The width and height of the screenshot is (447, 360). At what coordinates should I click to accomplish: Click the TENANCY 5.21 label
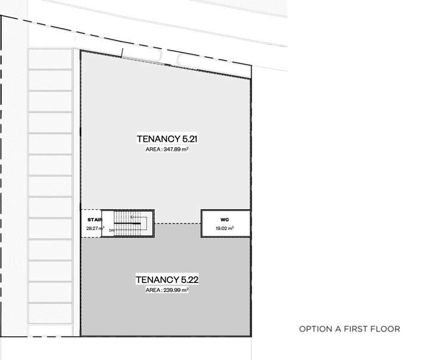[167, 139]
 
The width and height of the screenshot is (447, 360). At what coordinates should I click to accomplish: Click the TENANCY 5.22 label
[166, 280]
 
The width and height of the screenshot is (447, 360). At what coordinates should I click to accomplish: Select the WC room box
[224, 224]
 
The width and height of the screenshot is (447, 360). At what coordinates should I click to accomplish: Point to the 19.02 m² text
[224, 228]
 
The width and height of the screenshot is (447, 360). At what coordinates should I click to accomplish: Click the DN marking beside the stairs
[111, 229]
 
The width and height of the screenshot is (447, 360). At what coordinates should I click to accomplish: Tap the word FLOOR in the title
[387, 329]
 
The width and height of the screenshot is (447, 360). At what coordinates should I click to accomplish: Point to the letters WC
[224, 219]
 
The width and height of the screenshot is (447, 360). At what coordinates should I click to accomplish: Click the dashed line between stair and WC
[178, 223]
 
